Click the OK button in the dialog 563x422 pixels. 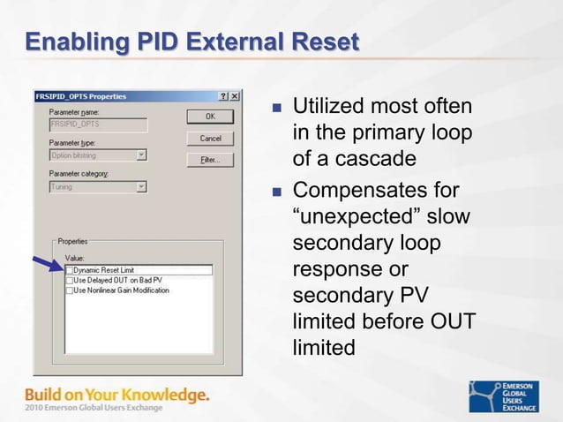tap(210, 117)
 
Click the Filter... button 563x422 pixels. tap(210, 160)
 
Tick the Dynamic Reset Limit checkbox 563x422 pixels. tap(70, 270)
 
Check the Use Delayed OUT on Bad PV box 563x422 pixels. tap(70, 280)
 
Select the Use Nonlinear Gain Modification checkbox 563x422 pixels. tap(70, 290)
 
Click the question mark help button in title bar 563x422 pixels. tap(223, 96)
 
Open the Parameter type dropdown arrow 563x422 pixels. tap(141, 155)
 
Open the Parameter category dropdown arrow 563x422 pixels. tap(141, 187)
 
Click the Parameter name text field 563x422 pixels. tap(97, 124)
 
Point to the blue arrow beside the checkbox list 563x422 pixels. tap(48, 263)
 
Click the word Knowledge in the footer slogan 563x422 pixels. tap(164, 393)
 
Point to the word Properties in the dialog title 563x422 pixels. tap(109, 96)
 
